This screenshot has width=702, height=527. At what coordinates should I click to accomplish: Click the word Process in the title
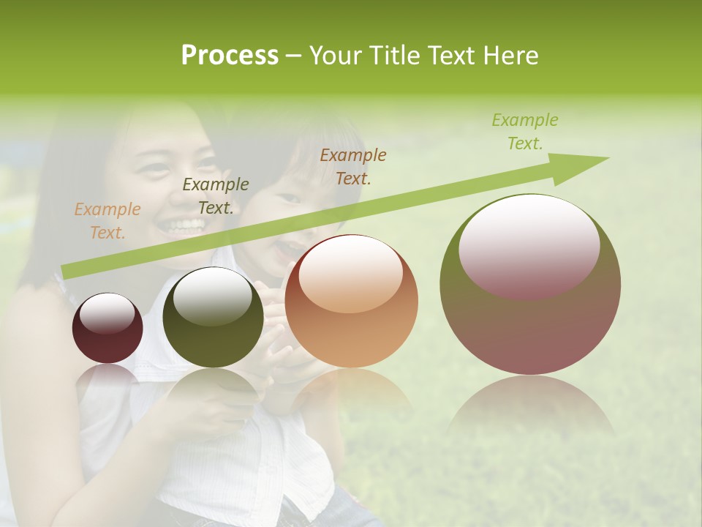[x=230, y=55]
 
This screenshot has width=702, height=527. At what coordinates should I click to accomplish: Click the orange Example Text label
[x=107, y=221]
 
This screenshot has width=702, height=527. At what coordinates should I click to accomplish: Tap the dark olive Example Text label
[x=215, y=196]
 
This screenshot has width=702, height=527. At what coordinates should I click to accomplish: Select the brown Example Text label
[x=353, y=166]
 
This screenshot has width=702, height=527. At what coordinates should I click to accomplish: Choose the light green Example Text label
[x=524, y=132]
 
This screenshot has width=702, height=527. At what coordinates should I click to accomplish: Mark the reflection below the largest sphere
[x=530, y=406]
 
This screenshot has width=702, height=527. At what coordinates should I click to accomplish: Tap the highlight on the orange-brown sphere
[x=351, y=274]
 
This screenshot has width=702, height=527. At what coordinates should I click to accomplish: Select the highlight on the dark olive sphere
[x=213, y=296]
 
